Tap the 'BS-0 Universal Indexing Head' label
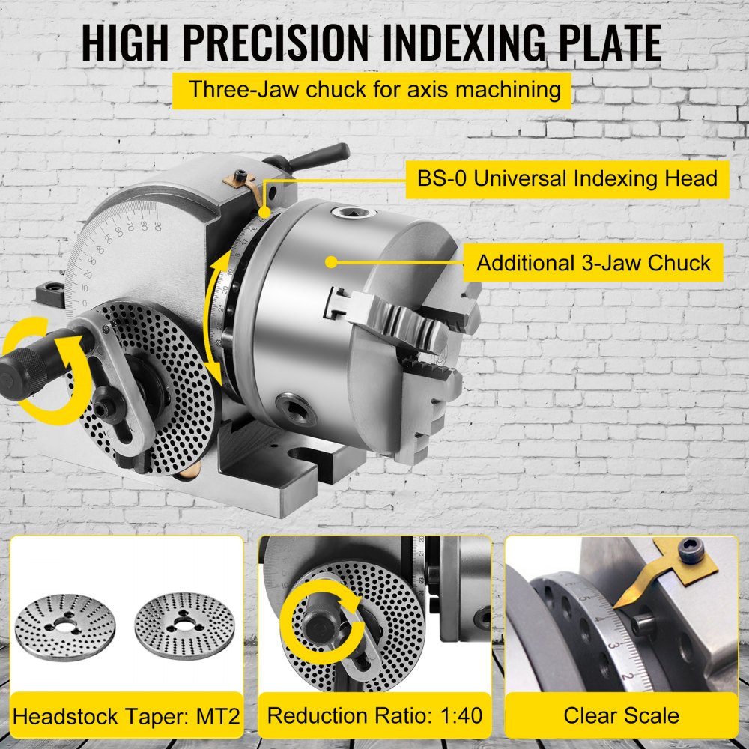tap(567, 178)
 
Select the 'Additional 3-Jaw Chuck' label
tap(593, 263)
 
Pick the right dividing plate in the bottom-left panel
tap(179, 623)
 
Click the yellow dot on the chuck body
tap(330, 262)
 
